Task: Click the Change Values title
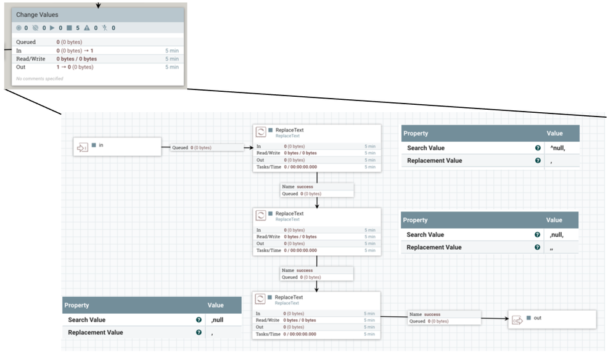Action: coord(38,14)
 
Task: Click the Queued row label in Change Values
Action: coord(26,42)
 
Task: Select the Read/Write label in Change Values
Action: coord(30,59)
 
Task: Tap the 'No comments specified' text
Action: coord(39,78)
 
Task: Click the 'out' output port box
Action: coord(551,319)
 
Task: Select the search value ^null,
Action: coord(557,148)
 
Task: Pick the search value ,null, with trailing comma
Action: coord(556,234)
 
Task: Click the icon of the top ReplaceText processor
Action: coord(261,132)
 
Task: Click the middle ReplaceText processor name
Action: coord(289,213)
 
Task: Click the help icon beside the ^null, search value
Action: coord(538,148)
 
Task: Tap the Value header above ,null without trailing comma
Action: coord(216,305)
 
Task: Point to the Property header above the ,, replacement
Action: coord(416,220)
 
